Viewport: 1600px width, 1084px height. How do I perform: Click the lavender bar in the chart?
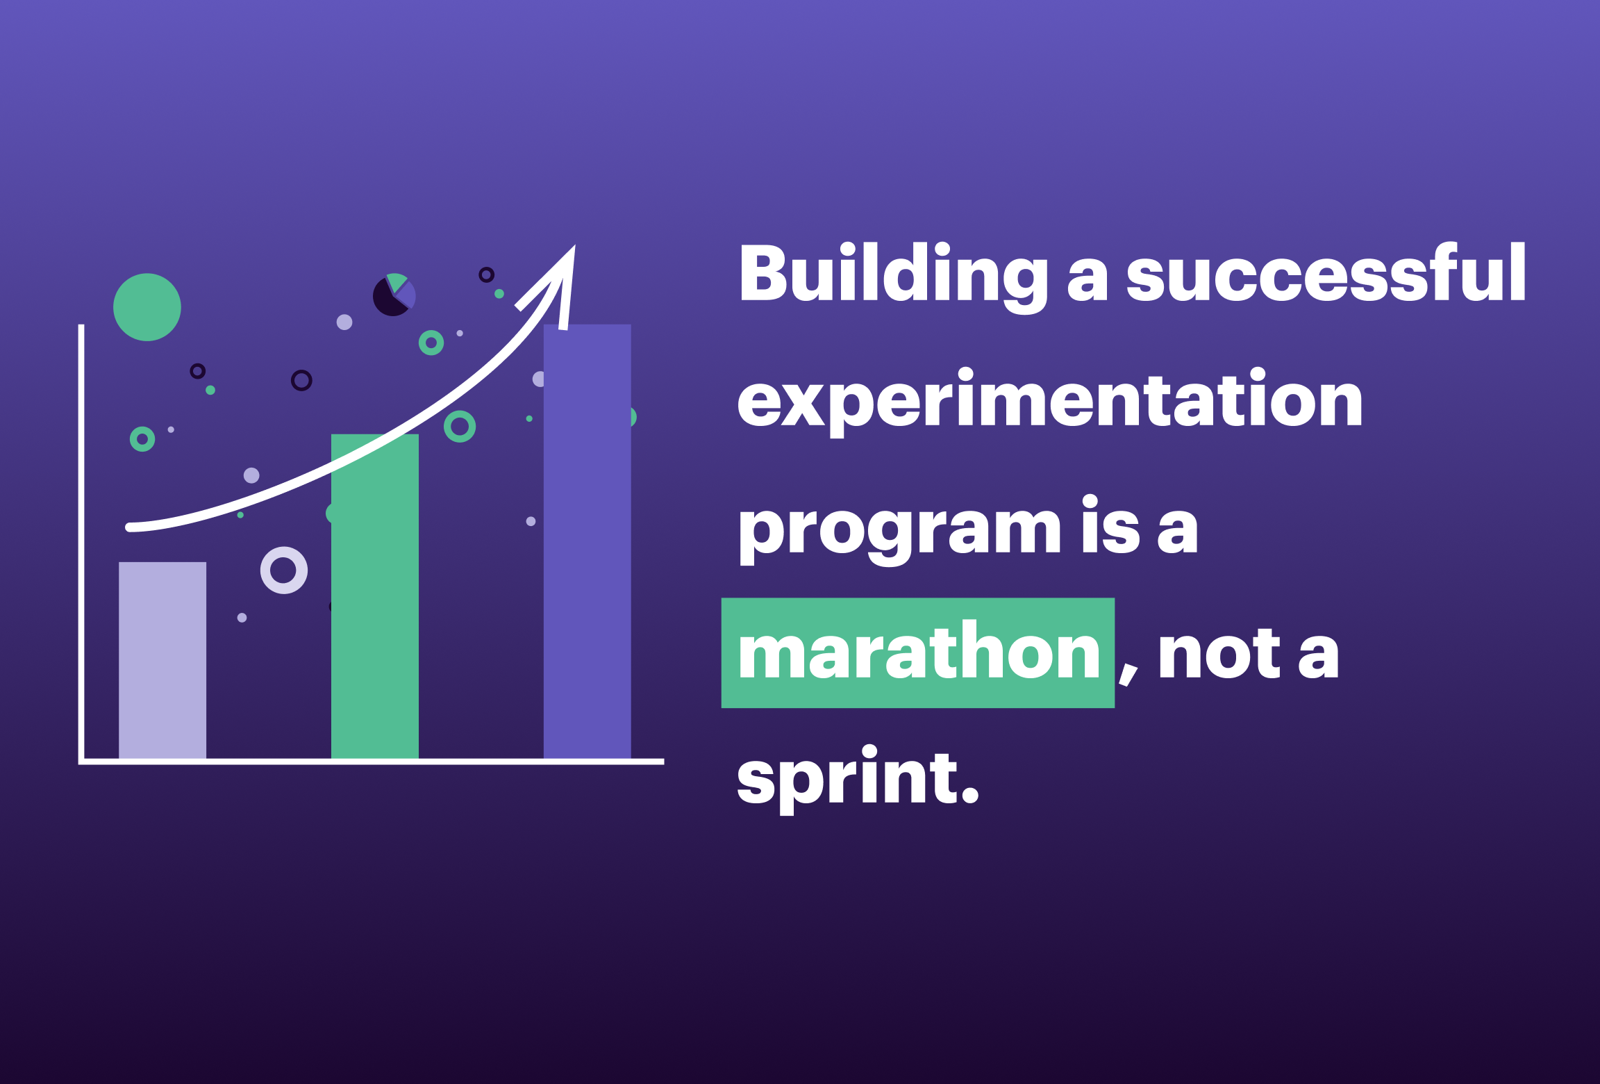162,660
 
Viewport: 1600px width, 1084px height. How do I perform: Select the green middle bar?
375,596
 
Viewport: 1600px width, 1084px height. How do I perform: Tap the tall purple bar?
587,541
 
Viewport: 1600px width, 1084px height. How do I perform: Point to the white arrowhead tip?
574,246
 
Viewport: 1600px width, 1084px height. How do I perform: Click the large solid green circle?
147,307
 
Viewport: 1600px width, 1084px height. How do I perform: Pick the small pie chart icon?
394,295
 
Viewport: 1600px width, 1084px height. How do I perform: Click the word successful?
1326,272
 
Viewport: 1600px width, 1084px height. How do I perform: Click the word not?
1219,653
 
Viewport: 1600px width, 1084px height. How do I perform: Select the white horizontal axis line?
372,762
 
